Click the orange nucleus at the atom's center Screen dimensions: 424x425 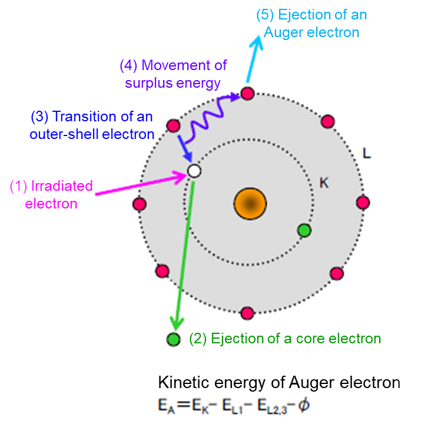coord(250,204)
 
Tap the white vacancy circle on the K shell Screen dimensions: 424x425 coord(194,171)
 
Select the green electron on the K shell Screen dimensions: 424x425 coord(304,230)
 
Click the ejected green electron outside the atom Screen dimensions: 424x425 coord(173,339)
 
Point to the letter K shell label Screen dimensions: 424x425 coord(324,183)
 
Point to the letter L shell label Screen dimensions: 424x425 coord(366,154)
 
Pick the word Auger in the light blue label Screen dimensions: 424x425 coord(285,32)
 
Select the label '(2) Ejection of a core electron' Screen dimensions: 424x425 coord(285,339)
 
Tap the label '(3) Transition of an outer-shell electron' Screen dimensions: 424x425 coord(92,125)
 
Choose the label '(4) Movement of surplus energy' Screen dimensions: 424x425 coord(173,74)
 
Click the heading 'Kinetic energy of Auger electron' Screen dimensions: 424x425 coord(279,383)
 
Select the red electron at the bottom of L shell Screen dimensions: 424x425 coord(247,312)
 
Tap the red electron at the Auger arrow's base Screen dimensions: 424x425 coord(247,94)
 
